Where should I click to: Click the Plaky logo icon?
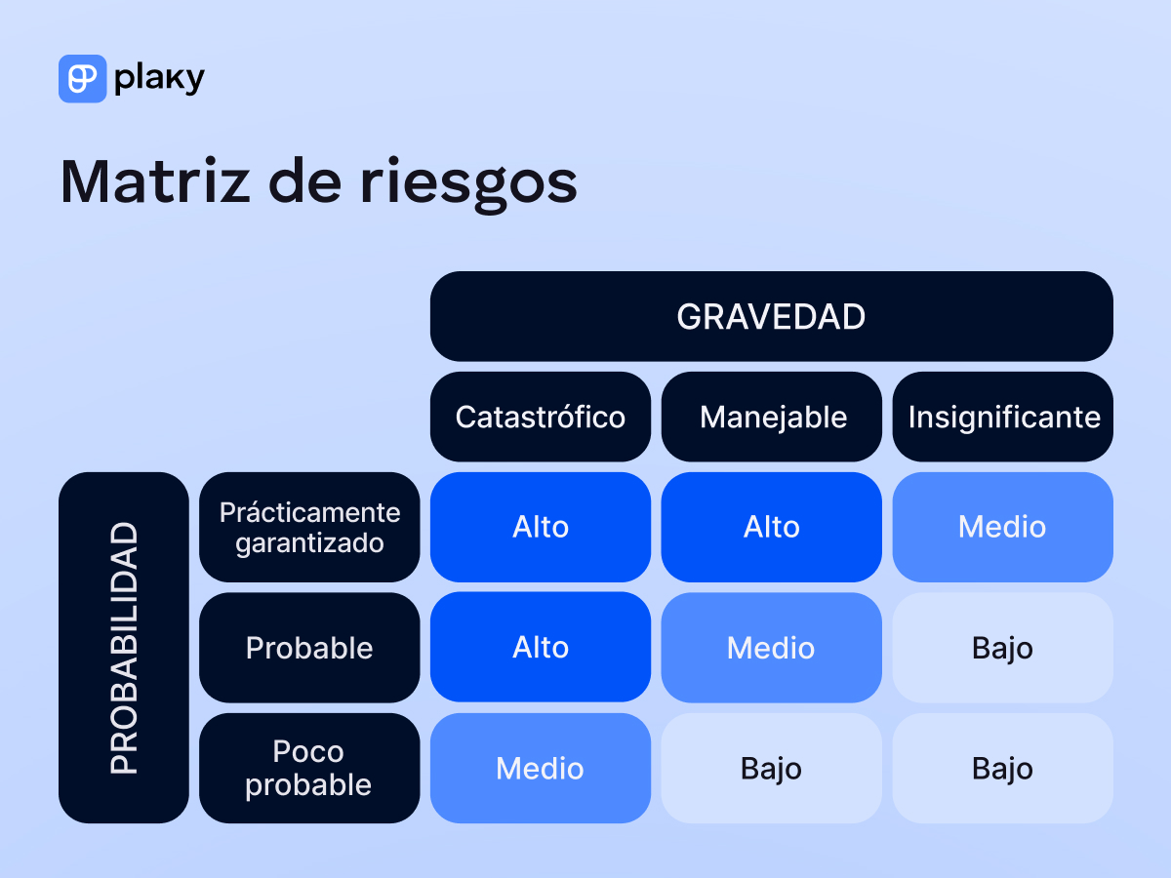82,79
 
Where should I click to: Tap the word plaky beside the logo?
159,79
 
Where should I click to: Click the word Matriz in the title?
156,181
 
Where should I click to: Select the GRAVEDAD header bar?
771,317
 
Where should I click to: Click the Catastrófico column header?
540,418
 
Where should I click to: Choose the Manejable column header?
772,418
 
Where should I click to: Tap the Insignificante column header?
1003,418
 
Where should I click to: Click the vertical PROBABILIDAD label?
124,648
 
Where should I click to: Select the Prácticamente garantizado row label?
309,527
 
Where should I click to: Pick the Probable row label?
309,648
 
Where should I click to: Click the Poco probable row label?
309,769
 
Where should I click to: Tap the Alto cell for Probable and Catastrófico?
540,648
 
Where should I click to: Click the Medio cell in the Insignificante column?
1003,527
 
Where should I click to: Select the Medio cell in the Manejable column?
772,648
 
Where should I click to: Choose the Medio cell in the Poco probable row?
540,769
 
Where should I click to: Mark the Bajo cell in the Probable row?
1003,648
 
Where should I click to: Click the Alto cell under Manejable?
772,527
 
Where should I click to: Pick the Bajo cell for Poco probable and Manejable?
772,769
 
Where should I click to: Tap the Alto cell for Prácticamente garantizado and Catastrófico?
540,527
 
